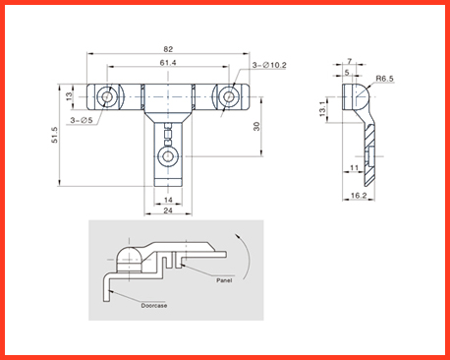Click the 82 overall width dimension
(168, 49)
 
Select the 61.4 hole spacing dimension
(168, 62)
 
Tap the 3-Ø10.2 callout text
(269, 65)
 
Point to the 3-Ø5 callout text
(82, 120)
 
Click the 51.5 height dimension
(55, 135)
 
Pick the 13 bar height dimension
(69, 96)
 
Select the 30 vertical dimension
(256, 127)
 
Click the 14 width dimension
(168, 200)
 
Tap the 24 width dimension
(168, 210)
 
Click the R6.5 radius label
(384, 79)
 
